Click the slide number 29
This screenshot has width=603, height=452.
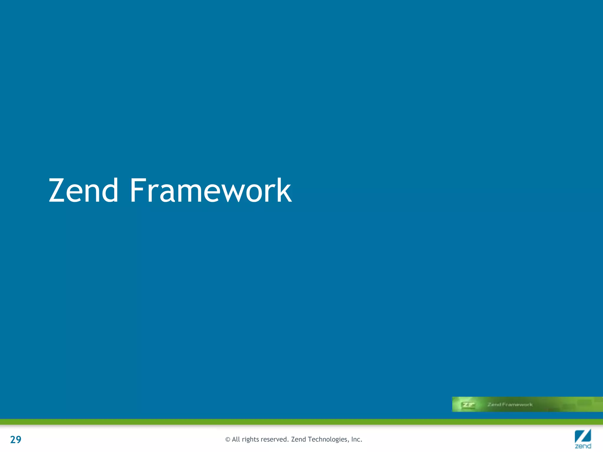(16, 439)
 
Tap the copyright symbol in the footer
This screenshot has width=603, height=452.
(228, 440)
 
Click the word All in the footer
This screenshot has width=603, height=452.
(236, 439)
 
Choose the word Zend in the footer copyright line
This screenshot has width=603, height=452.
(299, 439)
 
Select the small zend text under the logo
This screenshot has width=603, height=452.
(583, 446)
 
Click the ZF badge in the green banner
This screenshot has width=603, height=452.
(468, 405)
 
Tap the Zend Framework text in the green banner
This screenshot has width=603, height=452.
(510, 405)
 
